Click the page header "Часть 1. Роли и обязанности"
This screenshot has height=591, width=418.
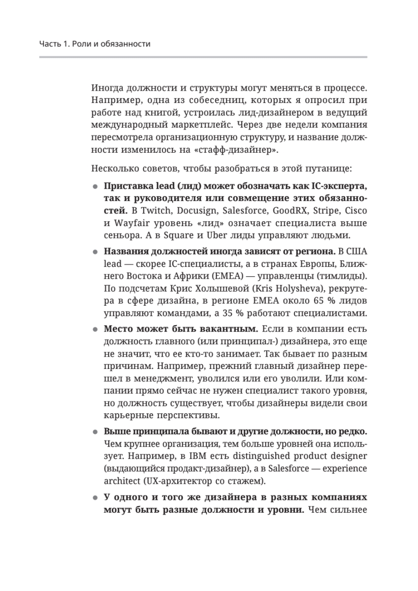tap(95, 44)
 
